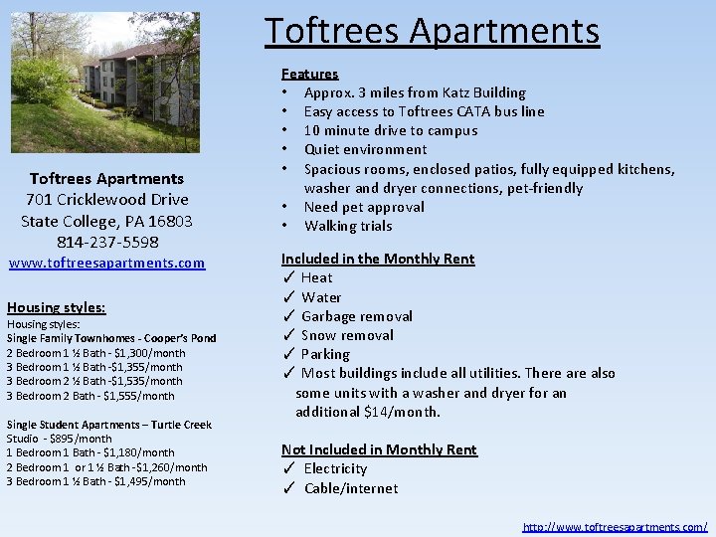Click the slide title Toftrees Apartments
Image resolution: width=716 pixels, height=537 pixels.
[x=432, y=31]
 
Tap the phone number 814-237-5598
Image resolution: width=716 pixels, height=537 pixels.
[x=107, y=242]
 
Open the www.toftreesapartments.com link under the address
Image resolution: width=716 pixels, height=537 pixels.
[x=106, y=264]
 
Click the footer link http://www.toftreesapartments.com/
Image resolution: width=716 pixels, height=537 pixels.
[x=615, y=526]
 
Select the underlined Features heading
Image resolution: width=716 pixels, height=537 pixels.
[x=309, y=74]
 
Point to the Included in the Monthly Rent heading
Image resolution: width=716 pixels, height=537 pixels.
[x=378, y=259]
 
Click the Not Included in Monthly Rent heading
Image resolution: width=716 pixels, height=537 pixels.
[x=379, y=449]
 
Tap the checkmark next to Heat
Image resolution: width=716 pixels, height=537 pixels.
[x=287, y=278]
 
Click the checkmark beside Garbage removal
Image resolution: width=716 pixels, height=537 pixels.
[x=287, y=316]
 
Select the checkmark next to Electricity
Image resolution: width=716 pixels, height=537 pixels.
[x=287, y=469]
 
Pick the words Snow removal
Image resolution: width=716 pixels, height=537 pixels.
[x=347, y=335]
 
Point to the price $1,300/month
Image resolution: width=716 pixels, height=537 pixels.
[x=149, y=353]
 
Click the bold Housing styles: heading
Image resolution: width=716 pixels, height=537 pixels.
[x=56, y=307]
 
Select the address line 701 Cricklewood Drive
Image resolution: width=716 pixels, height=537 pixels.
[x=107, y=200]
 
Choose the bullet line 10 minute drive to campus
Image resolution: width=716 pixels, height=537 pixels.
[x=390, y=130]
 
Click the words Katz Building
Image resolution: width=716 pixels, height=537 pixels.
[x=485, y=92]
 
